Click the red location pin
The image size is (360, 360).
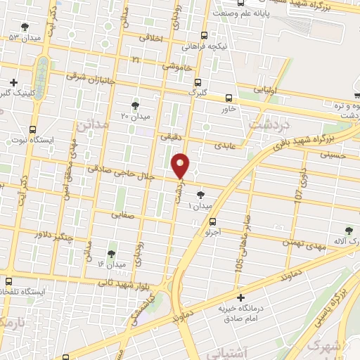point(181,164)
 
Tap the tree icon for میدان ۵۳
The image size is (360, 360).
point(25,27)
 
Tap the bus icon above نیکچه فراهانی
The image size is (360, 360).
point(204,35)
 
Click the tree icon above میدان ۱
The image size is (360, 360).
point(201,193)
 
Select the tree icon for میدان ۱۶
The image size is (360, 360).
point(112,253)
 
